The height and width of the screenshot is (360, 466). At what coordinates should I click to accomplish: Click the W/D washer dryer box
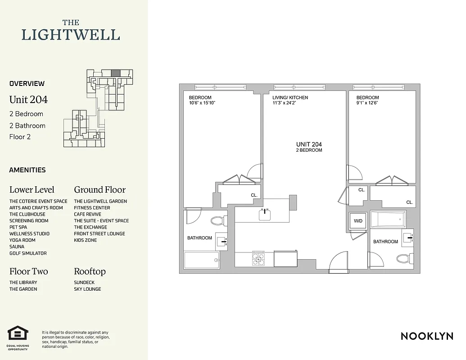(x=358, y=221)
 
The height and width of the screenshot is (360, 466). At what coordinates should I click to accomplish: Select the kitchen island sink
(x=265, y=215)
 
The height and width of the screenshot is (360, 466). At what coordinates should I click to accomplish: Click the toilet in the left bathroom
(x=217, y=221)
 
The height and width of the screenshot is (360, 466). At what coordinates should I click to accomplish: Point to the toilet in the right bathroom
(x=402, y=259)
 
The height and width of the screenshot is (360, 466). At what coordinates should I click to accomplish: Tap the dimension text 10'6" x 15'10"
(x=202, y=103)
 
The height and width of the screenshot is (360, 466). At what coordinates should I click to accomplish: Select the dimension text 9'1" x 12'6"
(x=367, y=103)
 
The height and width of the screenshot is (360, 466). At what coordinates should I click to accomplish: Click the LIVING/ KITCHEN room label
(x=290, y=97)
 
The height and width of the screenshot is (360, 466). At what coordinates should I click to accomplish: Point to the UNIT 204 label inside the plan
(x=309, y=144)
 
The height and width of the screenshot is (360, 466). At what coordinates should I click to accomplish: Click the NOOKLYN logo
(x=427, y=336)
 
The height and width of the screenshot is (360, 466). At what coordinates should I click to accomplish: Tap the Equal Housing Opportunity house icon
(x=18, y=333)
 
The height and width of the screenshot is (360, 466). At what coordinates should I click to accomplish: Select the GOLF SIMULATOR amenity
(x=28, y=253)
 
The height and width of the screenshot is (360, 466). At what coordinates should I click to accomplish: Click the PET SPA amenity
(x=18, y=227)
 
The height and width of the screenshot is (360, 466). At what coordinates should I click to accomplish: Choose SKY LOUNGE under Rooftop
(x=87, y=289)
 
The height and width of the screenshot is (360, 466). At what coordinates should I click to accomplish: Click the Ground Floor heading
(x=100, y=189)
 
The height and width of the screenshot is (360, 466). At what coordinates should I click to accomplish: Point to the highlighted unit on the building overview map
(x=116, y=72)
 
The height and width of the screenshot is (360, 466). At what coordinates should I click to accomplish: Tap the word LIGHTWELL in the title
(x=71, y=35)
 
